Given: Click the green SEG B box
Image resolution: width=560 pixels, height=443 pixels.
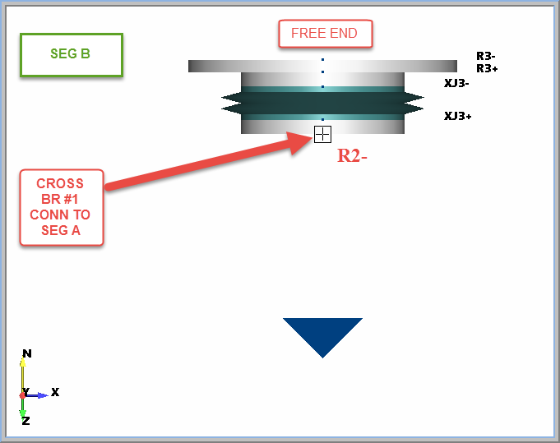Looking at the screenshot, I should pos(71,54).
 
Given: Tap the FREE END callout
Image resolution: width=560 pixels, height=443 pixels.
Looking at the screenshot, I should pos(324,34).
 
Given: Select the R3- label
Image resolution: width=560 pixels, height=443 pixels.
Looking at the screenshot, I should pos(485,56).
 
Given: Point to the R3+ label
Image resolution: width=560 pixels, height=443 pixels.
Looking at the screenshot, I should pos(487,68).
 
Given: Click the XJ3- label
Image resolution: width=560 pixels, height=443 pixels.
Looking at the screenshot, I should pos(456,83).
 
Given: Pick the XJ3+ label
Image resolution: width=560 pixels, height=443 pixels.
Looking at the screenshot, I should pos(458,116).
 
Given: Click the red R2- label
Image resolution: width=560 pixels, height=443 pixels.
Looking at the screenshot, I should pos(352,155).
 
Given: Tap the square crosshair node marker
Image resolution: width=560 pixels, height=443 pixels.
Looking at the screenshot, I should pos(322,134).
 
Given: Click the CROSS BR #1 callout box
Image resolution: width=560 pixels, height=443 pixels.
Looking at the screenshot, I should pos(62,207).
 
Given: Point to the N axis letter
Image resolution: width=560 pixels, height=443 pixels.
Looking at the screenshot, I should pos(27,353).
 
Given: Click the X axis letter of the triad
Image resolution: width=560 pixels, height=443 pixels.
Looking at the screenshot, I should pos(55,392).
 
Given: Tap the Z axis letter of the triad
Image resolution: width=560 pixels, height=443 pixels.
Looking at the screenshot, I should pos(25,420).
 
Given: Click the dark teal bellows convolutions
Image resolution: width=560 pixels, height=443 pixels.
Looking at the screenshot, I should pos(322,103).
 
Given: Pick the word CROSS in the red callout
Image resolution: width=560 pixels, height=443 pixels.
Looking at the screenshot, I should pos(60,183).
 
